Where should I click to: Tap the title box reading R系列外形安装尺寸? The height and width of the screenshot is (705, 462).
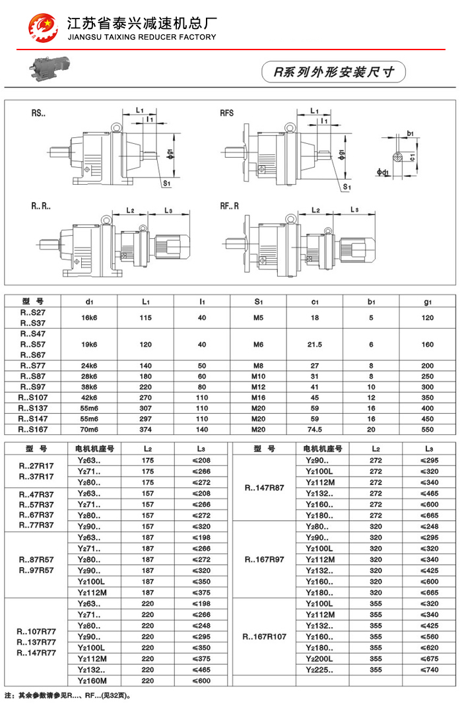[333, 72]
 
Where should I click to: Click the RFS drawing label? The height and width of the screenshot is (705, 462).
[227, 113]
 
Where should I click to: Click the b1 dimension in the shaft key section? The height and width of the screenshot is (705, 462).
[411, 134]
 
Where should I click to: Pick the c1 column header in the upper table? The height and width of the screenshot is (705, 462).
[315, 302]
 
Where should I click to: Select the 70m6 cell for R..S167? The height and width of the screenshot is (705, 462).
[88, 429]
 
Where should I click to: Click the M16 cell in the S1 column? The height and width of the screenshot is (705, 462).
[258, 397]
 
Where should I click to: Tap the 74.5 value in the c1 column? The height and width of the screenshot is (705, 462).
[315, 429]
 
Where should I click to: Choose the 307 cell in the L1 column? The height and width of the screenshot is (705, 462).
[145, 408]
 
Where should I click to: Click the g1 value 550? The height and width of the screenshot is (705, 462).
[428, 429]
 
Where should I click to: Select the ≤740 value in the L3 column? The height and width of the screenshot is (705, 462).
[429, 669]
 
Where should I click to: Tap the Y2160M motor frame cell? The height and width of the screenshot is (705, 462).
[92, 680]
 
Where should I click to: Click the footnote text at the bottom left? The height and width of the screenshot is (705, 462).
[69, 695]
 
